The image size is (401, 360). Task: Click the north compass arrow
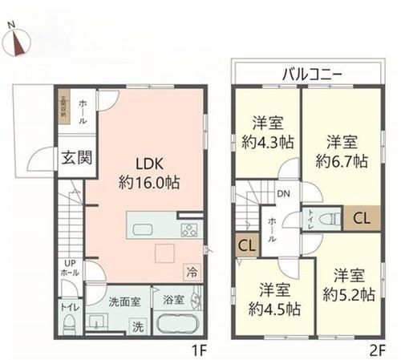tap(16, 42)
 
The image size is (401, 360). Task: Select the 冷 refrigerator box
tap(191, 270)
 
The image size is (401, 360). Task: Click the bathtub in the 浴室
tap(176, 327)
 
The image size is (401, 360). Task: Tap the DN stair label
tap(283, 193)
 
